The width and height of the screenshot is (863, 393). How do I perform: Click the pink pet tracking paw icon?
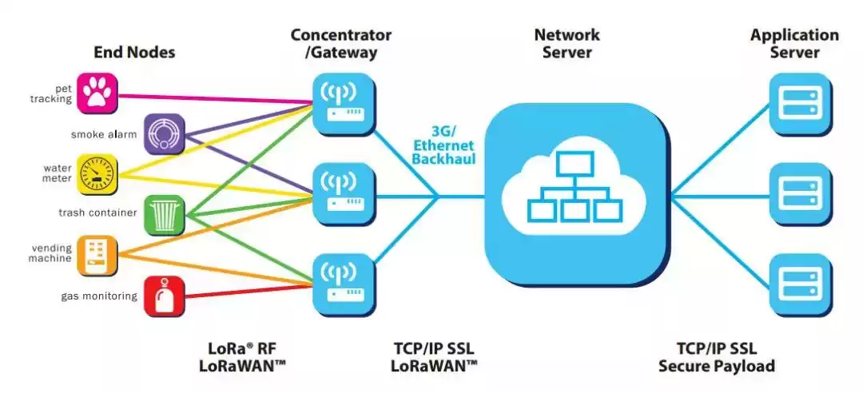tap(99, 93)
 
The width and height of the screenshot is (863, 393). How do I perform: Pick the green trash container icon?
tap(165, 215)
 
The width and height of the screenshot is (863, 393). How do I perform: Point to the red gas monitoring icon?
tap(165, 296)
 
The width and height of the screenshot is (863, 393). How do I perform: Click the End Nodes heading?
tap(134, 53)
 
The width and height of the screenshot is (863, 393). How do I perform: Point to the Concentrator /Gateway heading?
tap(341, 44)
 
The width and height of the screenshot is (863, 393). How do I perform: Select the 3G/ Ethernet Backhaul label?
tap(443, 145)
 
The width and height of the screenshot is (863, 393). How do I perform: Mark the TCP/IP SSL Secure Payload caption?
tap(716, 356)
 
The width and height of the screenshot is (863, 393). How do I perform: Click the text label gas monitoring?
tap(99, 296)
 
